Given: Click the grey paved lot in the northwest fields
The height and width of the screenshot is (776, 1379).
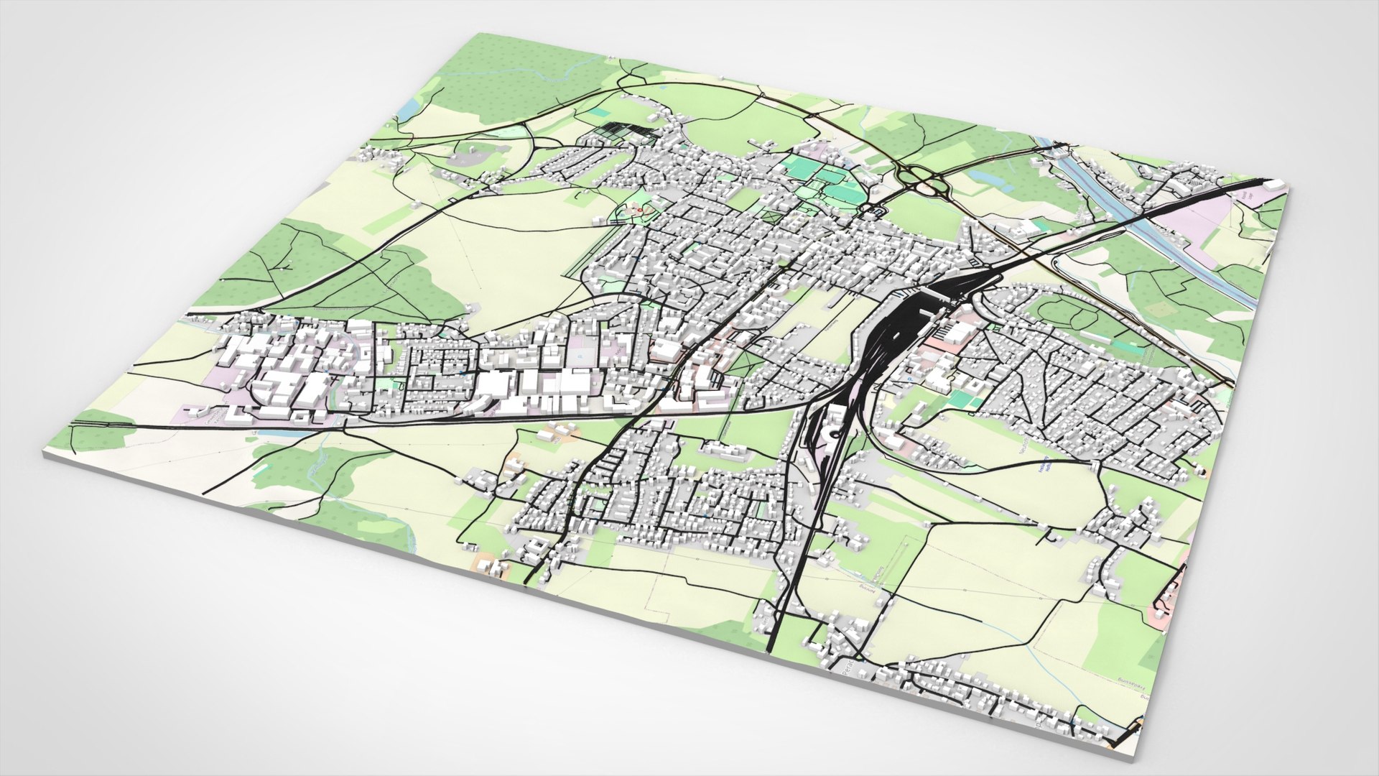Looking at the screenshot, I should click(470, 153).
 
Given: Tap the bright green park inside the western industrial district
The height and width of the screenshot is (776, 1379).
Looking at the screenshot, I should click(388, 386).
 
